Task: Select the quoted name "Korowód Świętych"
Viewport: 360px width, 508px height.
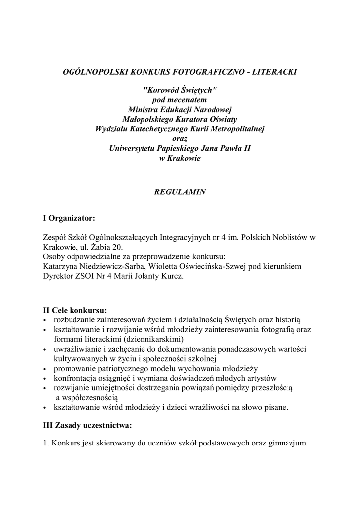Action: pos(180,90)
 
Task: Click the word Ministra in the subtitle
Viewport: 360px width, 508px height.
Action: pos(143,109)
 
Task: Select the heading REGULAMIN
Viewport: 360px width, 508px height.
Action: pos(180,191)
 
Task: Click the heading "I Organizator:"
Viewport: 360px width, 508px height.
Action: pos(69,217)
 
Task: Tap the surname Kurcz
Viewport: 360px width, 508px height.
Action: pos(172,276)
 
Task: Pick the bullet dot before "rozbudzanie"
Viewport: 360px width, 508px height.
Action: pos(46,320)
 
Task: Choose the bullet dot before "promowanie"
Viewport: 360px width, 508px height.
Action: pos(46,369)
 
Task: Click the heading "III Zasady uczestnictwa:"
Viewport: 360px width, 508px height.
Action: pos(88,425)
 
